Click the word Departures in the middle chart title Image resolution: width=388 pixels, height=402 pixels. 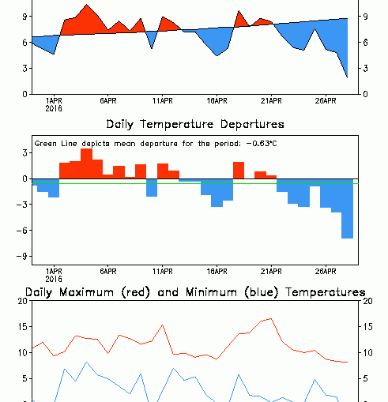[252, 125]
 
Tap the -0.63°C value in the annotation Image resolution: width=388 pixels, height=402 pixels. [262, 144]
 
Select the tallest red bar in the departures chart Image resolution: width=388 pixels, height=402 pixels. [87, 163]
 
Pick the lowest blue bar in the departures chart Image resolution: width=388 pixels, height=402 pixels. [347, 209]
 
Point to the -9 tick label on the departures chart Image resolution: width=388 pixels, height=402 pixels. [21, 256]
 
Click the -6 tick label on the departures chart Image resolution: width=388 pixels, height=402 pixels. [21, 231]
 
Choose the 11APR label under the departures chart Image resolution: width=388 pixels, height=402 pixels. [163, 272]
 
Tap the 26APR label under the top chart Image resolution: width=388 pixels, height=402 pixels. [326, 101]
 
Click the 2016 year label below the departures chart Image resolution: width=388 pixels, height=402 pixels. [54, 279]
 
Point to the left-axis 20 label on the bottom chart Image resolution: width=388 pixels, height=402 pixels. [23, 301]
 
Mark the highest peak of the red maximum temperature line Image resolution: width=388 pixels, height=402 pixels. [271, 319]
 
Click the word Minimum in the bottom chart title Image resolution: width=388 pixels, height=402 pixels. [211, 292]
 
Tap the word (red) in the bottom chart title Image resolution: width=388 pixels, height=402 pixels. [136, 293]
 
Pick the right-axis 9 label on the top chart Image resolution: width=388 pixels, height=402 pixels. [366, 17]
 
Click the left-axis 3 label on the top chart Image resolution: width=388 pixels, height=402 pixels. [25, 69]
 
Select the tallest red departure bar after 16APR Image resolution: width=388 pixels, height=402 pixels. [239, 171]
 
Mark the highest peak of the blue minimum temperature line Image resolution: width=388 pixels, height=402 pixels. [87, 363]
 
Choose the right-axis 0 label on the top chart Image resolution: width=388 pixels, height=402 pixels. [366, 94]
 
